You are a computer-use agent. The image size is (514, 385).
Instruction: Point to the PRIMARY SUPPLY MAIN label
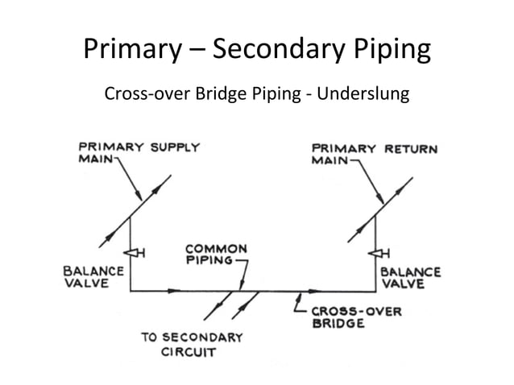(x=137, y=153)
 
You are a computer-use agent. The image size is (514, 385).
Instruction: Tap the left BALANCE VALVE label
(x=93, y=277)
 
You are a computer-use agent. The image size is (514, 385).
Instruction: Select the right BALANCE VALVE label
(x=410, y=278)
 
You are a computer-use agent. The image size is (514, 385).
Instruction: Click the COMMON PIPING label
(x=216, y=255)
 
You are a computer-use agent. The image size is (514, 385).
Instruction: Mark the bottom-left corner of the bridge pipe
(x=131, y=291)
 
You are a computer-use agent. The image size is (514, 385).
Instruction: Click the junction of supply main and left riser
(x=131, y=215)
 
